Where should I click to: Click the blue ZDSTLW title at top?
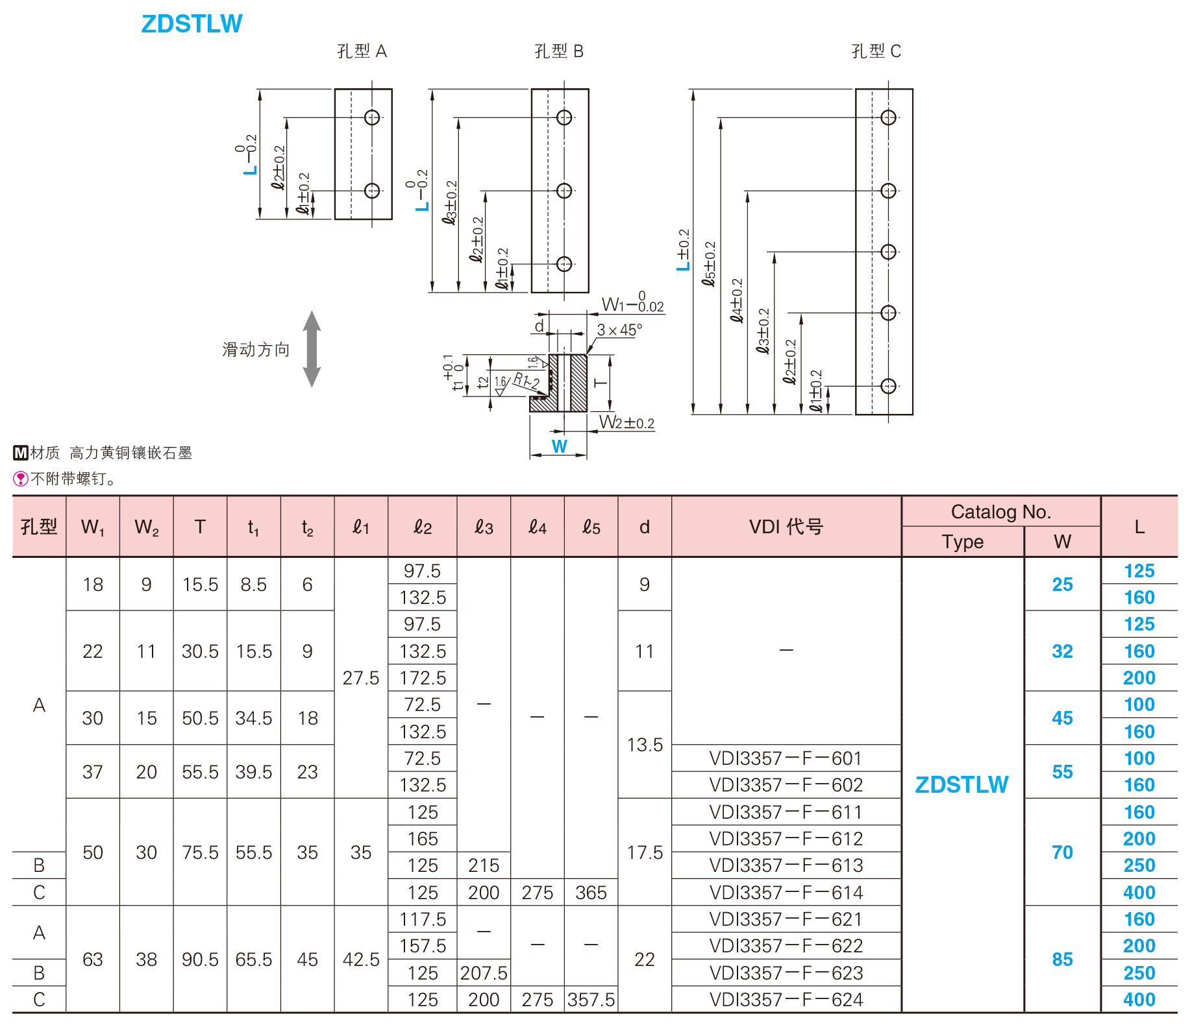192,24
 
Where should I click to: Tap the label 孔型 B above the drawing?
558,51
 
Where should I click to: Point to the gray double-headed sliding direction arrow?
312,349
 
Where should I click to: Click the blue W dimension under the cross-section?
559,446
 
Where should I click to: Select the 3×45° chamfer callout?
619,330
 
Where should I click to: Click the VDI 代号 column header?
786,527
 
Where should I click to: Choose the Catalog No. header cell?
1000,512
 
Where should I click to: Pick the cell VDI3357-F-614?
786,893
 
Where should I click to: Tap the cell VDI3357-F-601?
786,758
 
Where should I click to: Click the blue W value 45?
1062,718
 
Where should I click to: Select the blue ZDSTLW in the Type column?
961,785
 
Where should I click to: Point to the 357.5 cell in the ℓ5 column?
591,1000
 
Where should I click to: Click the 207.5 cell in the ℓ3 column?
484,973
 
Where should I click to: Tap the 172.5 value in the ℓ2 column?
423,678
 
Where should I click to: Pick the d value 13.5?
645,745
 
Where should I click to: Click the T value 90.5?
200,959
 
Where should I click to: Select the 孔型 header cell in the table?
39,527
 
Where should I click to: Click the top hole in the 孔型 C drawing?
888,117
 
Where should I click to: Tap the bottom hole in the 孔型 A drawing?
372,191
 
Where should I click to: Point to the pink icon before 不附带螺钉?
20,479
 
